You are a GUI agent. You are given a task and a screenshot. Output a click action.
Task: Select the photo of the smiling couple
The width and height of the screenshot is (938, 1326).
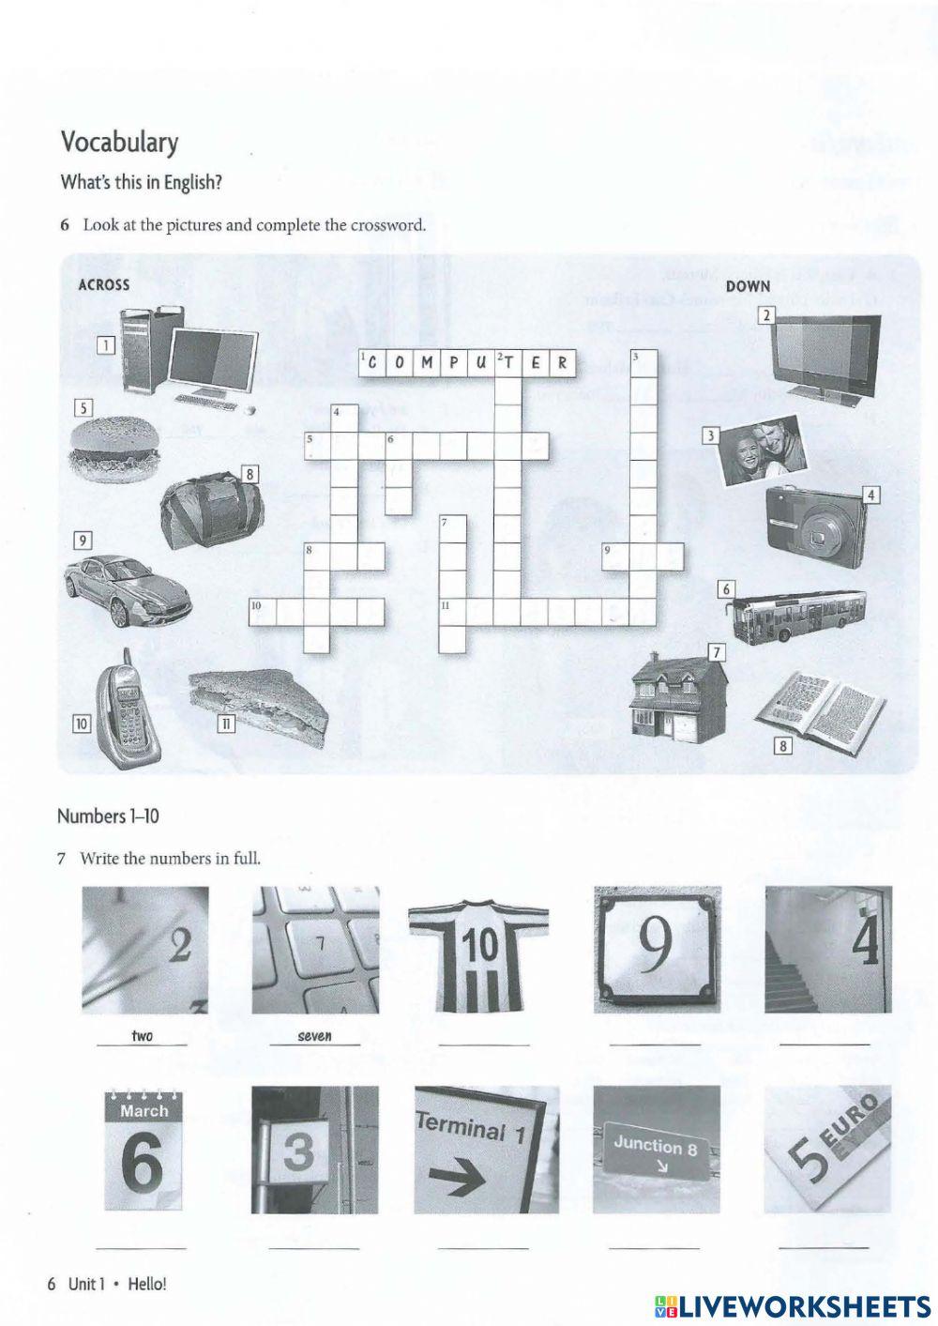click(x=764, y=450)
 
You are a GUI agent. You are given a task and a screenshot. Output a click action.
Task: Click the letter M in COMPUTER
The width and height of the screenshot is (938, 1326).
click(x=426, y=363)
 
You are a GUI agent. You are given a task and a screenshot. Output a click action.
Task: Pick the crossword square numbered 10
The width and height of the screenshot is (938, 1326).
click(x=262, y=611)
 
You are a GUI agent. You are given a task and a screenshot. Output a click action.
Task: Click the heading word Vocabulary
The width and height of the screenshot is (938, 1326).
click(x=119, y=143)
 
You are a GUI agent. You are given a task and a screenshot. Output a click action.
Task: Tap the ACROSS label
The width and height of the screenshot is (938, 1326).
click(x=103, y=284)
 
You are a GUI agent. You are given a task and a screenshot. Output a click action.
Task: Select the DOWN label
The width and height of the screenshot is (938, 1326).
click(x=748, y=286)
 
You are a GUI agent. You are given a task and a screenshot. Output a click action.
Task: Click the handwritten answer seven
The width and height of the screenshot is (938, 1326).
click(x=314, y=1036)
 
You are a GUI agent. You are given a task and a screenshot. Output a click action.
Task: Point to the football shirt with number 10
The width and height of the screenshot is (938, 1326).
click(x=478, y=950)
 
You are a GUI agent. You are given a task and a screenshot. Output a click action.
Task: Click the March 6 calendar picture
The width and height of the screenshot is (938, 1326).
click(x=144, y=1151)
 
